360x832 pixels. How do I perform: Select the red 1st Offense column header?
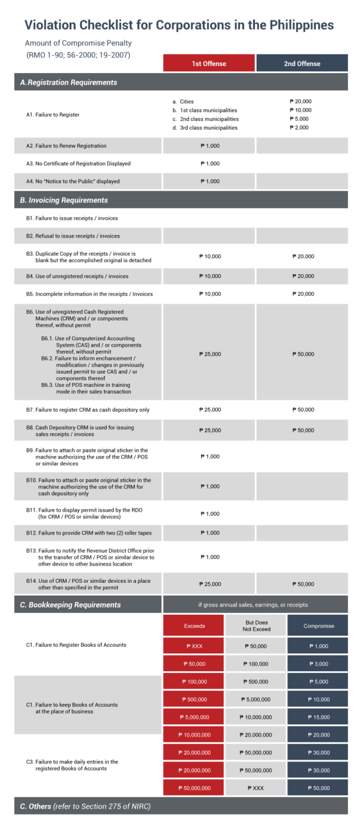pyautogui.click(x=209, y=63)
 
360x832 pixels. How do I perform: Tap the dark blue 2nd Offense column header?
pyautogui.click(x=302, y=63)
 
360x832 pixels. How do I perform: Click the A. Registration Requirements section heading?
pyautogui.click(x=69, y=83)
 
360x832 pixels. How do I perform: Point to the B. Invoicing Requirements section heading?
pyautogui.click(x=64, y=200)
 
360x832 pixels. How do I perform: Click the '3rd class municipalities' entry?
pyautogui.click(x=208, y=128)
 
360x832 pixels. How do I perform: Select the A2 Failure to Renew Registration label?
pyautogui.click(x=66, y=146)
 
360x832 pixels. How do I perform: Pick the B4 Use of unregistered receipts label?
pyautogui.click(x=77, y=276)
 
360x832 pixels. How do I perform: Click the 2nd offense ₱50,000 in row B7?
pyautogui.click(x=303, y=410)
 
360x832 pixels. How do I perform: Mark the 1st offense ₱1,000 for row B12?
pyautogui.click(x=210, y=533)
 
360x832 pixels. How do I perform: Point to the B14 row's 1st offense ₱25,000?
pyautogui.click(x=210, y=584)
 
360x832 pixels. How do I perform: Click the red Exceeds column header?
pyautogui.click(x=194, y=626)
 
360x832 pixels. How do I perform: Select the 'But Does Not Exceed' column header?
pyautogui.click(x=256, y=626)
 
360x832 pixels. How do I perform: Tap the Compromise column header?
pyautogui.click(x=318, y=626)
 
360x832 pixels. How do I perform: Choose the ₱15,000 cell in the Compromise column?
pyautogui.click(x=318, y=717)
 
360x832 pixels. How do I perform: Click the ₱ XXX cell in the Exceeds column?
pyautogui.click(x=194, y=646)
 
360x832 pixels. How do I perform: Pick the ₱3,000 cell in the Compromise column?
pyautogui.click(x=318, y=664)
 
